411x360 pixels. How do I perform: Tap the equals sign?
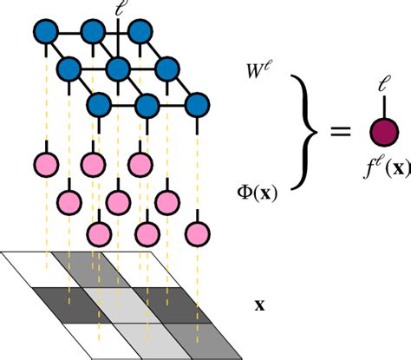coord(340,132)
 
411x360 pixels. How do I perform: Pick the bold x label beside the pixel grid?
coord(258,305)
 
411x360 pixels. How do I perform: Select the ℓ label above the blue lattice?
coord(119,11)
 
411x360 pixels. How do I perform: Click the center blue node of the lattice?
coord(119,69)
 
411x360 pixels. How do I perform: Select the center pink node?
coord(119,200)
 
